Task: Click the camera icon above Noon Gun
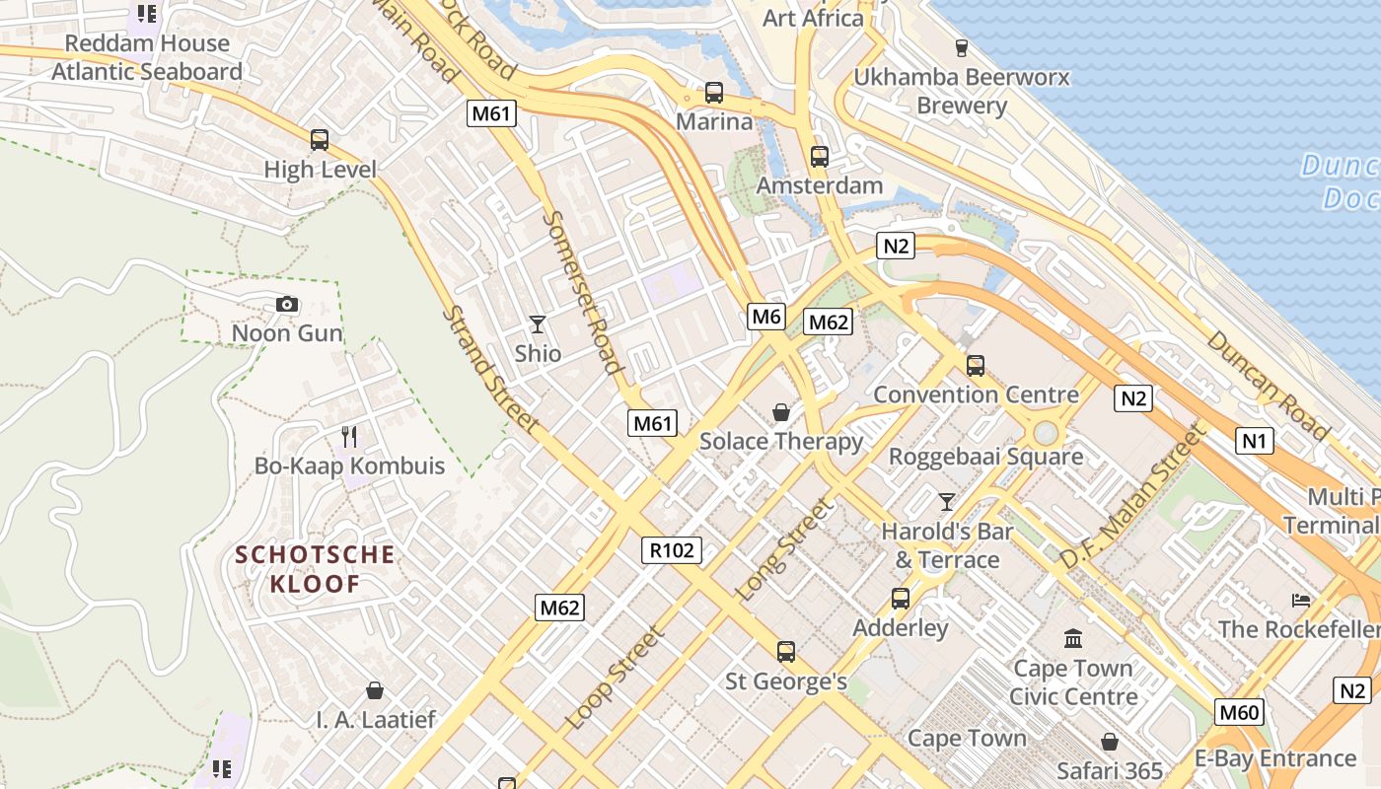[287, 304]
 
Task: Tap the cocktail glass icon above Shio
[538, 323]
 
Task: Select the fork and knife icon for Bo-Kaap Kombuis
[349, 436]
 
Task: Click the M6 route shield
[766, 316]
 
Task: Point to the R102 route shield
[673, 549]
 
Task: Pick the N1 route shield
[1254, 440]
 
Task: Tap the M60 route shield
[1238, 712]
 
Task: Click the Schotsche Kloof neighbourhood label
[316, 569]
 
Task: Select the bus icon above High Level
[320, 140]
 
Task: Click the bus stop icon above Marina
[714, 93]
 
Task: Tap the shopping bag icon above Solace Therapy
[781, 411]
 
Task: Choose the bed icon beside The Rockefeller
[1301, 600]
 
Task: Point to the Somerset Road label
[584, 293]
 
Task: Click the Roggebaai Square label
[985, 457]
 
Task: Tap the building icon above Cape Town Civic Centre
[1073, 638]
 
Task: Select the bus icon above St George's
[786, 651]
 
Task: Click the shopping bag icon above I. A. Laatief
[375, 689]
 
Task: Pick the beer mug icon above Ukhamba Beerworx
[962, 47]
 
